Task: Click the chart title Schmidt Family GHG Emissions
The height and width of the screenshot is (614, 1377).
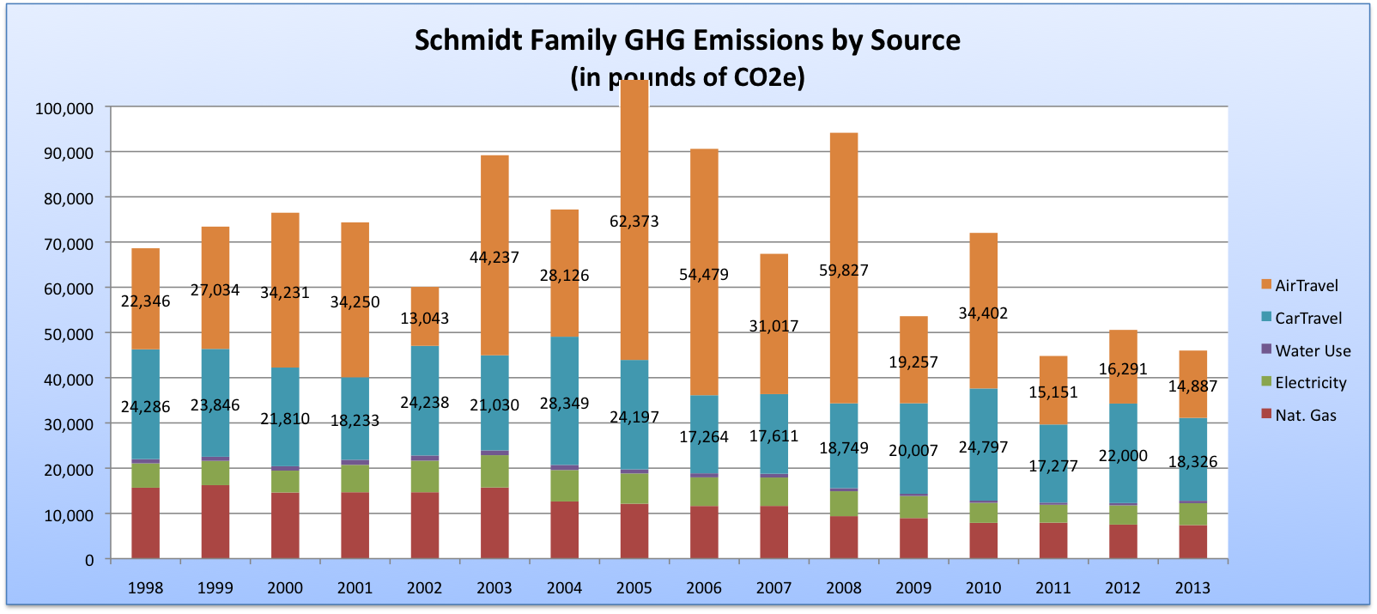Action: pyautogui.click(x=687, y=40)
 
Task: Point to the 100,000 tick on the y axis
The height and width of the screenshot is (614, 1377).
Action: pyautogui.click(x=64, y=108)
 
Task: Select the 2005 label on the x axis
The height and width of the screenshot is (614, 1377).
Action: pyautogui.click(x=634, y=587)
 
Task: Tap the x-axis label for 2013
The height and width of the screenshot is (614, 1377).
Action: pyautogui.click(x=1192, y=587)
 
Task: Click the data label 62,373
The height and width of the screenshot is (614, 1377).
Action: pyautogui.click(x=634, y=221)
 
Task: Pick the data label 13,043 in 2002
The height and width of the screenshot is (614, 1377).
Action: pyautogui.click(x=424, y=318)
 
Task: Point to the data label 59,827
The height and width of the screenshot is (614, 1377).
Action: pyautogui.click(x=843, y=270)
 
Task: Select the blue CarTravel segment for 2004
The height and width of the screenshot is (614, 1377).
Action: pyautogui.click(x=564, y=369)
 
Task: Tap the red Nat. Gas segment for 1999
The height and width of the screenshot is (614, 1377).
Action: pyautogui.click(x=215, y=522)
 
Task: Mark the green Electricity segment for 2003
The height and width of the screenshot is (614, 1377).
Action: pyautogui.click(x=494, y=471)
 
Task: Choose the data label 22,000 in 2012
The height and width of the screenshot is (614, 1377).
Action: pyautogui.click(x=1122, y=455)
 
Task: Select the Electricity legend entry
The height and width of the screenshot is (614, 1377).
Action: pyautogui.click(x=1310, y=383)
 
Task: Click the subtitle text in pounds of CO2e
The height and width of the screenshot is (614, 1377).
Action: pyautogui.click(x=687, y=77)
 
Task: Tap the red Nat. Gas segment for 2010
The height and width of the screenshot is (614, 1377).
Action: pyautogui.click(x=983, y=541)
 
